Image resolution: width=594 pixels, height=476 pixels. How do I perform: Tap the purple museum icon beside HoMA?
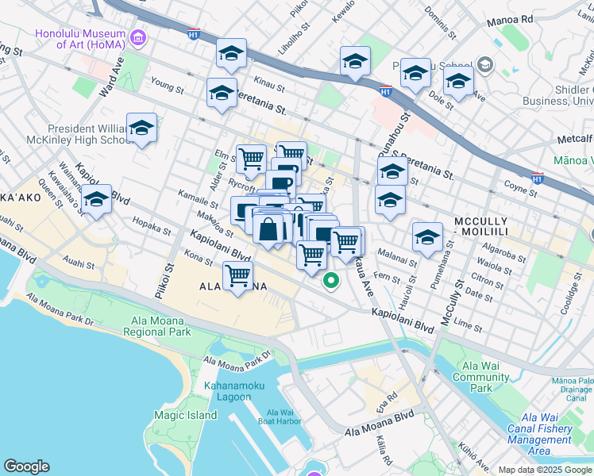coord(138,36)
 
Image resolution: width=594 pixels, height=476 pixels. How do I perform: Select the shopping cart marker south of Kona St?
coord(237,277)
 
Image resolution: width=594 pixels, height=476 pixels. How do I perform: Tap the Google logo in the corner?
coord(26,466)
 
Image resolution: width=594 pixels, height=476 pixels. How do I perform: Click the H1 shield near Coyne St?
coord(537,179)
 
